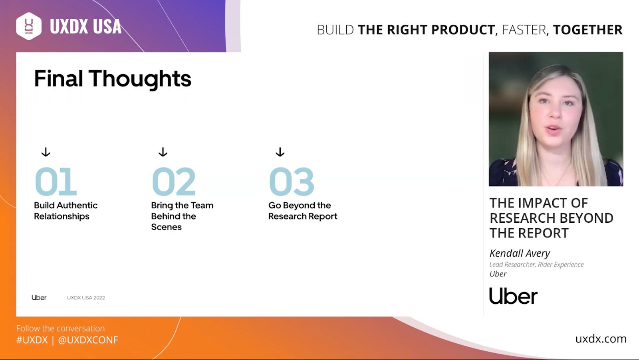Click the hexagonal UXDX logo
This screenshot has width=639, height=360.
coord(29,26)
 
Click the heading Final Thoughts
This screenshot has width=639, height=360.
coord(113,79)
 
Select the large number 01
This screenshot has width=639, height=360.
coord(56,181)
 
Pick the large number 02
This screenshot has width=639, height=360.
coord(174,181)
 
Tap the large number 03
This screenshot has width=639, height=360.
coord(292,181)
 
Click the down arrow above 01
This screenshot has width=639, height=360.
coord(46,152)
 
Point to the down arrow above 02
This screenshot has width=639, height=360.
coord(163,152)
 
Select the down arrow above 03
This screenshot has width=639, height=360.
coord(280,152)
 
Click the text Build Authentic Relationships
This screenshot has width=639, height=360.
coord(65,211)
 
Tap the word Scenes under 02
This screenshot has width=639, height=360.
coord(166,227)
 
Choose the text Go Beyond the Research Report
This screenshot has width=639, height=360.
coord(303,211)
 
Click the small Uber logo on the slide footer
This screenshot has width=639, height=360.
coord(39,298)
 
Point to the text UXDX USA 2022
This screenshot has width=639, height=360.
coord(86,298)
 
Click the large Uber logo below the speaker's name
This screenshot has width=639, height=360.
coord(513,296)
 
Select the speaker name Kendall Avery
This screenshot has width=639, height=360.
coord(520,253)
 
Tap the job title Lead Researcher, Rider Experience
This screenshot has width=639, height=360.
coord(537,265)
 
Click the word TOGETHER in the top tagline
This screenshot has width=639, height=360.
coord(587,30)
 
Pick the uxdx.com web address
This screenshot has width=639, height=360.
coord(601,338)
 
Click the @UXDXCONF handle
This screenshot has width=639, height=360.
coord(88,340)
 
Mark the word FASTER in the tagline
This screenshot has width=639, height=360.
coord(524,30)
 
